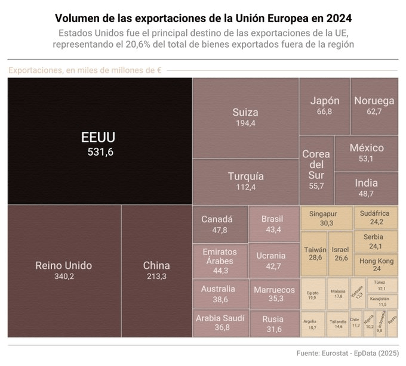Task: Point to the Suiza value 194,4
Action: click(245, 123)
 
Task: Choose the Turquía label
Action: click(245, 176)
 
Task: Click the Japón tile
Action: click(324, 106)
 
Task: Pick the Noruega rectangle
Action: click(374, 106)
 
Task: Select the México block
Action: click(366, 153)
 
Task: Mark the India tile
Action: click(366, 188)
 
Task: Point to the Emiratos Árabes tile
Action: click(219, 260)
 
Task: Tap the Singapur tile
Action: click(326, 218)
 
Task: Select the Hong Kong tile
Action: click(376, 265)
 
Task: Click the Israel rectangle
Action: click(341, 254)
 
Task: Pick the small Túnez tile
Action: click(381, 285)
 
